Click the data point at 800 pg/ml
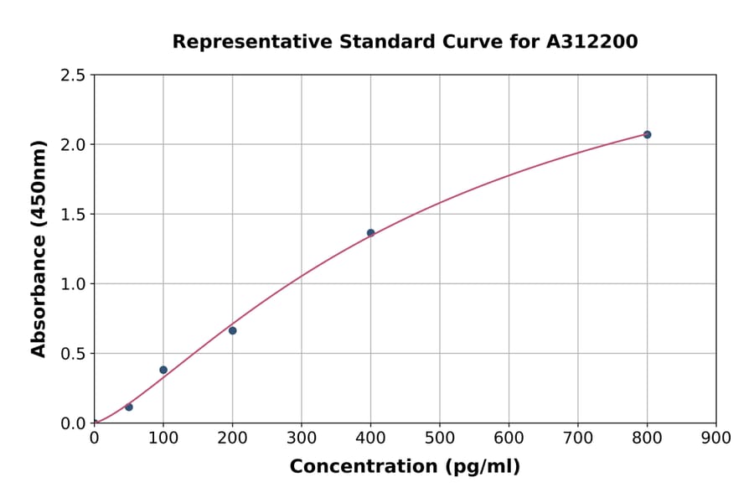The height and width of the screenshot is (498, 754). coord(647,134)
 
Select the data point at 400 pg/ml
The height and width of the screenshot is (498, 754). coord(370,233)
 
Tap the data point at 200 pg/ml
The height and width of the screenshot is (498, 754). coord(232,330)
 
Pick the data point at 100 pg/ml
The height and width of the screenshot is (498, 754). coord(163,370)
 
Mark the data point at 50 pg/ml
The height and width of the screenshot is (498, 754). coord(128,407)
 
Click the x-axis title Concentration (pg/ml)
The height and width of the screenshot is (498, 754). coord(405,467)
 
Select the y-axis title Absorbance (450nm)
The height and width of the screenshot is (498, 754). coord(39,248)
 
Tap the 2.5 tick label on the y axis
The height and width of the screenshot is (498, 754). coord(73,75)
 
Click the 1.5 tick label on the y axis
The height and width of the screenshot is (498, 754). coord(73,215)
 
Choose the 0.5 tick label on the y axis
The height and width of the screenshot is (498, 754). coord(73,354)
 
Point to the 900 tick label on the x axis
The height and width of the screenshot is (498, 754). coord(715,438)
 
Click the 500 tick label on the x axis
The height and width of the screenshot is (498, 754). coord(439,438)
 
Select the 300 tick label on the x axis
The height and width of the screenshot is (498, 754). coord(301,438)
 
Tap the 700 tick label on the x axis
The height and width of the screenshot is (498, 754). coord(577,438)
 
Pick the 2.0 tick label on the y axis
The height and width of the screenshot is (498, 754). coord(73,145)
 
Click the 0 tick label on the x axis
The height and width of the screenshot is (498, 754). coord(94,438)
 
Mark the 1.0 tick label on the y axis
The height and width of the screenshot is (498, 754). coord(73,284)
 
